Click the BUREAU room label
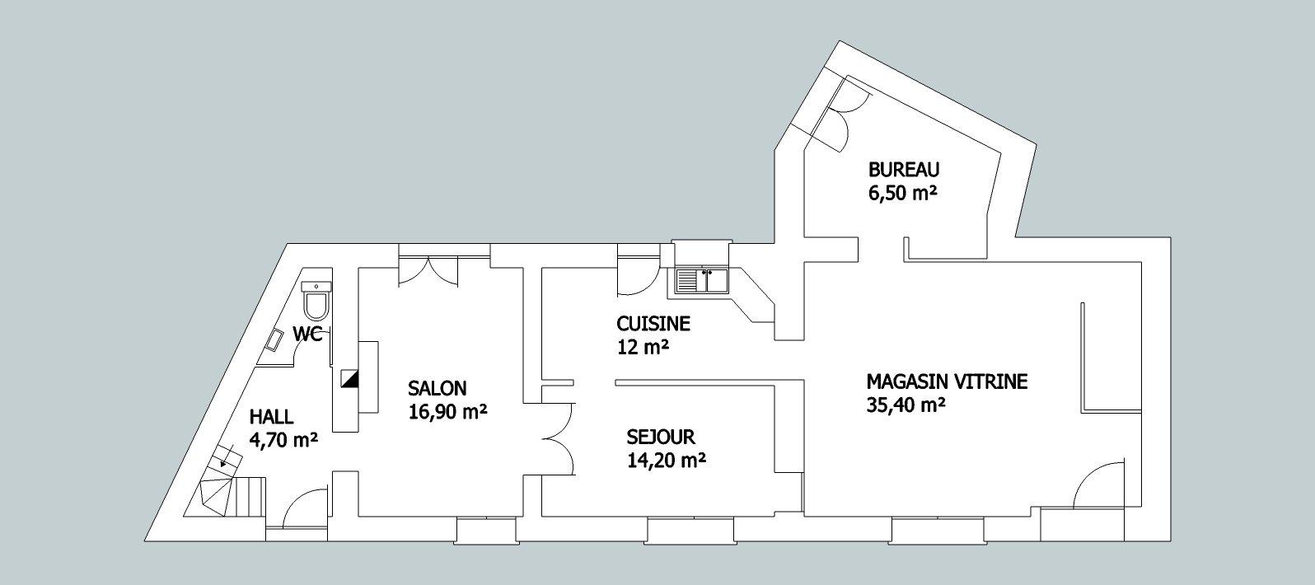click(904, 170)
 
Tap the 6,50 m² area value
click(901, 194)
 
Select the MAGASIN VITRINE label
click(947, 381)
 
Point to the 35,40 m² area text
click(906, 405)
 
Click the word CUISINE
click(653, 324)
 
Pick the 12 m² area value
click(643, 347)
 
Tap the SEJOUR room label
click(661, 437)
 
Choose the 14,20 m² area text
click(666, 461)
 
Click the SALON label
click(438, 388)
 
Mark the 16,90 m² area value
click(447, 412)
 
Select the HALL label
click(271, 417)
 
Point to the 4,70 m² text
click(283, 441)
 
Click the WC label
click(307, 335)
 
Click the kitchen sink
click(701, 281)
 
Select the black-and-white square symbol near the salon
click(350, 379)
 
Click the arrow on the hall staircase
click(223, 464)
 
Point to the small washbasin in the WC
click(275, 340)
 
